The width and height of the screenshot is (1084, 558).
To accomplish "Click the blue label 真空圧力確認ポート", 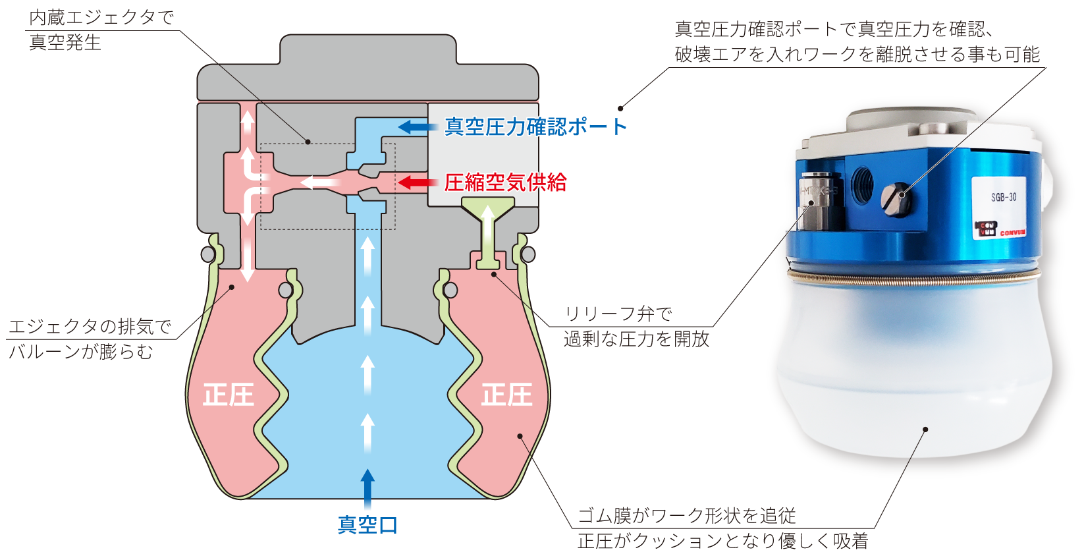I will pyautogui.click(x=535, y=126).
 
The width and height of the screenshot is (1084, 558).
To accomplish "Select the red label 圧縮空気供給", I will pyautogui.click(x=505, y=182).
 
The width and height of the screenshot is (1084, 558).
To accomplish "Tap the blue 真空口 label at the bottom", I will pyautogui.click(x=367, y=524).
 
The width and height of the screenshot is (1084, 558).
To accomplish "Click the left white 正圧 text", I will pyautogui.click(x=228, y=395).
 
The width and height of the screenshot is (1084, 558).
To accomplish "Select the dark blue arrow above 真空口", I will pyautogui.click(x=367, y=489).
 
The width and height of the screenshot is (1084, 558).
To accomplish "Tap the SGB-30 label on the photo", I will pyautogui.click(x=1003, y=197).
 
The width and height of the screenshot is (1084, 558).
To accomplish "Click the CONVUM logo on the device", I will pyautogui.click(x=1000, y=229).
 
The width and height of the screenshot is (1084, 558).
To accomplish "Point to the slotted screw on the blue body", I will pyautogui.click(x=896, y=199).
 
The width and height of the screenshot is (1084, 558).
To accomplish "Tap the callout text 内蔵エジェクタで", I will pyautogui.click(x=101, y=18).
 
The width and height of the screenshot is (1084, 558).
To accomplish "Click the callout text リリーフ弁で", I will pyautogui.click(x=618, y=314).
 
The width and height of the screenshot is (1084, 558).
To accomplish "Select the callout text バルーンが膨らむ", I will pyautogui.click(x=80, y=351).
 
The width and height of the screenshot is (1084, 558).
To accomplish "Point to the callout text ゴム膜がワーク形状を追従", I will pyautogui.click(x=686, y=515).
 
